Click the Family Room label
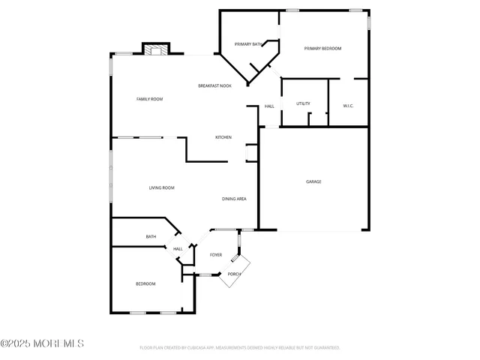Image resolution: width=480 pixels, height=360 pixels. coord(149,99)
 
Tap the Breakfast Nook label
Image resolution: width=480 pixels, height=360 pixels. coord(214,86)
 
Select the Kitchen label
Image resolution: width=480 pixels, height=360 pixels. coord(223,137)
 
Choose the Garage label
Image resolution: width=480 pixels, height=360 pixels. coord(313,181)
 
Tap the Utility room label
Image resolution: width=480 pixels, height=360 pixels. coord(303,103)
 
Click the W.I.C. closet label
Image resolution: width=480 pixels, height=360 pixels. coord(348,106)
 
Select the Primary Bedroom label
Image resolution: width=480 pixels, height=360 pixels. coord(322,49)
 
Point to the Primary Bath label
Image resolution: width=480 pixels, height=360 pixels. coord(247,45)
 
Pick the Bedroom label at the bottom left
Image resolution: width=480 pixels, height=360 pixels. coord(145,283)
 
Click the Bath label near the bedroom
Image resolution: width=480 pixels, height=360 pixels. coord(151,237)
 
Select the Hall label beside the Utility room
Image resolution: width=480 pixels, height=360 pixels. coord(269,106)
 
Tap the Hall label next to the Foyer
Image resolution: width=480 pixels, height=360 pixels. coord(178,249)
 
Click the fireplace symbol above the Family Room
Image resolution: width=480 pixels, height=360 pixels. coord(157,49)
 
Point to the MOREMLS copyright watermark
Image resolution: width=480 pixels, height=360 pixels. coord(43,343)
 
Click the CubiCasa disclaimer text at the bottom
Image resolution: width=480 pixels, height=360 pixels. coord(240,348)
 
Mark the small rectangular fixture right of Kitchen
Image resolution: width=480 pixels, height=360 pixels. coord(250,153)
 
